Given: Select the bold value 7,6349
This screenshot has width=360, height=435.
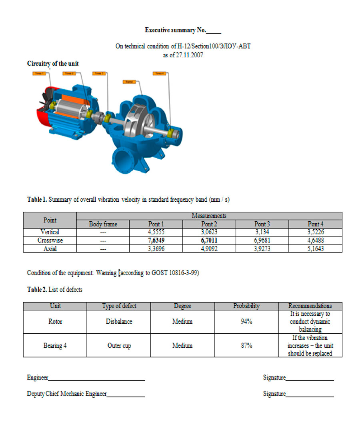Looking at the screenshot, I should coord(156,241).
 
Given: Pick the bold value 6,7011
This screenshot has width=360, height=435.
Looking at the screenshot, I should coord(209,241).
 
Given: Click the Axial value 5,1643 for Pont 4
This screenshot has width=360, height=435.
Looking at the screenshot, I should coord(316,249).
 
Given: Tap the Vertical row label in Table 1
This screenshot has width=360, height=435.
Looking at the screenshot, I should coord(50,232).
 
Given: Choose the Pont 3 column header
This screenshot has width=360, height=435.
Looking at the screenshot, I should coord(262,224).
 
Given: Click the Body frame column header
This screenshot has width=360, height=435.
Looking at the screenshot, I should coord(103,224).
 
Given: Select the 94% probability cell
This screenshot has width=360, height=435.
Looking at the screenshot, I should coord(246,322).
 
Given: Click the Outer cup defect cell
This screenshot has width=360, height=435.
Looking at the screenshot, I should coord(119,346).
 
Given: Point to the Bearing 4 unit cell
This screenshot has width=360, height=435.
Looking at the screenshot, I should coord(55,346).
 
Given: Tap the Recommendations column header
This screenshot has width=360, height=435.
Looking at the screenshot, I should coord(310,306).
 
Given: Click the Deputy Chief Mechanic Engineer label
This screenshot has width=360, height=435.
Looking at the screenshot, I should coord(67,394).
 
